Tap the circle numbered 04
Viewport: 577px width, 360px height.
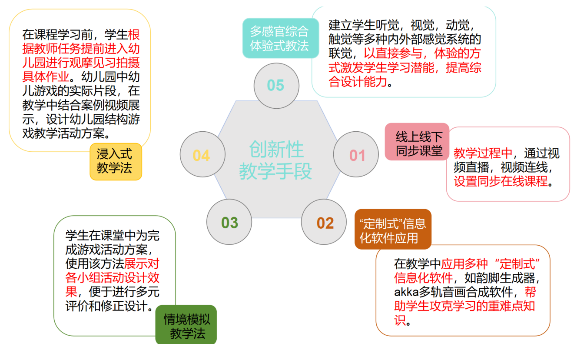202,155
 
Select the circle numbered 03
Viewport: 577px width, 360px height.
229,223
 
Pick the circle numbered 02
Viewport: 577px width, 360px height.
324,223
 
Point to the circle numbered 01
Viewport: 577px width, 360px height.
356,155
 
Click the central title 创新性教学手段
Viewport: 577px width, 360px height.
276,160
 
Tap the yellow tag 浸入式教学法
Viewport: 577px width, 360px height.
115,161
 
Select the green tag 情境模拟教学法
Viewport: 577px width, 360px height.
186,327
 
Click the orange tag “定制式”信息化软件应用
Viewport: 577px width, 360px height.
393,230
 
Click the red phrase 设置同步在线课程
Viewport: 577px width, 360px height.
501,181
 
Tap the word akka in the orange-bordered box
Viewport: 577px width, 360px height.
406,291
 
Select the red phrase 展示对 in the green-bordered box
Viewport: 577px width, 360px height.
142,263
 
